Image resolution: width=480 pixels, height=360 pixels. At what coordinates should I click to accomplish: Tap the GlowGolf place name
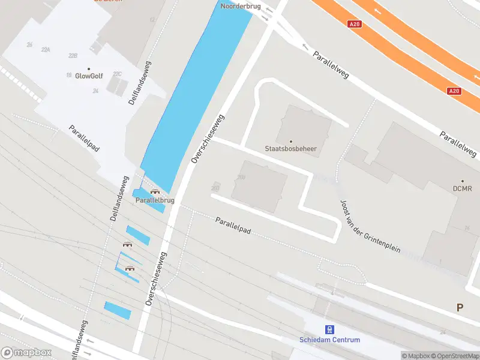[x=89, y=76]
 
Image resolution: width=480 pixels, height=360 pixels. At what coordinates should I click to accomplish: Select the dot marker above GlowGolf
[x=89, y=68]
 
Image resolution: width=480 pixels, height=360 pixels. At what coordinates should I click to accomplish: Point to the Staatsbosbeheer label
[x=291, y=148]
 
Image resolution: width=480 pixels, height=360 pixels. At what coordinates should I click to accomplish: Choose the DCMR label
[x=463, y=189]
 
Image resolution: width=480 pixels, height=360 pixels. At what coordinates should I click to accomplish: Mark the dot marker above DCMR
[x=463, y=181]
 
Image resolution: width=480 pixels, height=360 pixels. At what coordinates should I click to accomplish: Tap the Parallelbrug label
[x=155, y=200]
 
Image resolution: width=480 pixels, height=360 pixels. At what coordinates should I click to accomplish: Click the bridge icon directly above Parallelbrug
[x=155, y=191]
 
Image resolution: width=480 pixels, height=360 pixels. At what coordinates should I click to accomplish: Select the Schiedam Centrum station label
[x=330, y=340]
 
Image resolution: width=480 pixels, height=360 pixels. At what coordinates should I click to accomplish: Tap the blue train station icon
[x=329, y=329]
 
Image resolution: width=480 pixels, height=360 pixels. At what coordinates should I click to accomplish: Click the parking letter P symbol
[x=460, y=308]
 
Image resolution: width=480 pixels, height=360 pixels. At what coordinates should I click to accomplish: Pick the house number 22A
[x=46, y=50]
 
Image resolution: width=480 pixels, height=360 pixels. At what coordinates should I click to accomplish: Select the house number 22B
[x=73, y=56]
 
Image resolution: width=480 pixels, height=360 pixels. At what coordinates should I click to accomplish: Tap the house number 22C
[x=118, y=74]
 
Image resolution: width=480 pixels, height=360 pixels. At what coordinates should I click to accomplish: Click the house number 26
[x=29, y=45]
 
